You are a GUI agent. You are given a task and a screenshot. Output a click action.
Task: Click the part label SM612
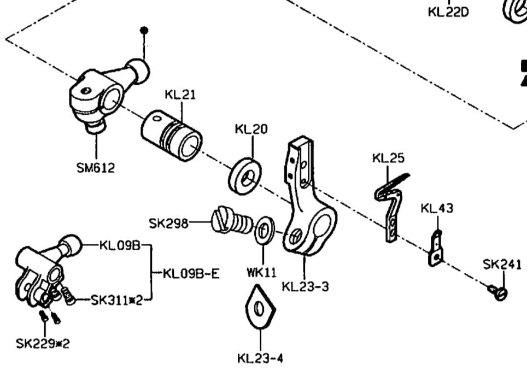96,168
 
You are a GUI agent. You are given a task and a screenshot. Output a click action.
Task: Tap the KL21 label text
180,95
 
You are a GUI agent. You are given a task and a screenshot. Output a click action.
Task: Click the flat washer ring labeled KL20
244,177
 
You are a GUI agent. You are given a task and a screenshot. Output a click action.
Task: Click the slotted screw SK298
232,220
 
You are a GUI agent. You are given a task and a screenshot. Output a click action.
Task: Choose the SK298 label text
168,223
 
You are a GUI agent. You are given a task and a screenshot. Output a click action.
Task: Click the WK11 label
262,272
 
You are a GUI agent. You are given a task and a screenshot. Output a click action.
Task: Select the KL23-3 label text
305,286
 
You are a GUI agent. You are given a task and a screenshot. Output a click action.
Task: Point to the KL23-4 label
260,359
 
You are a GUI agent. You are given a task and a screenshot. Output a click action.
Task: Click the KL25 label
388,159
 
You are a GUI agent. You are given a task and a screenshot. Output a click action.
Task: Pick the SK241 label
502,265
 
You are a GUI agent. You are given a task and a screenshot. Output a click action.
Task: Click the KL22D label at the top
448,11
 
